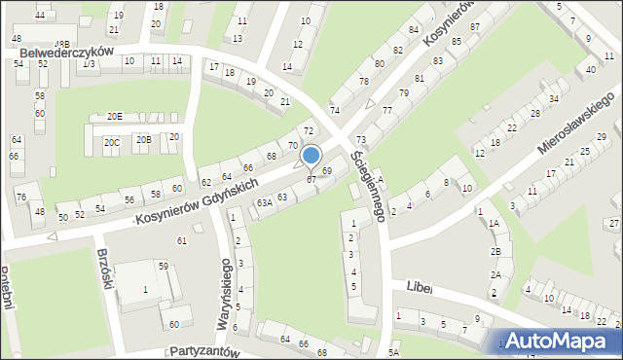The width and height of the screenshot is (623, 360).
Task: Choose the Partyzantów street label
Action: click(x=203, y=350)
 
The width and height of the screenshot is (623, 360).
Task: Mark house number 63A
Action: click(x=264, y=202)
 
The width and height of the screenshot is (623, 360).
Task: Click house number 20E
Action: click(x=115, y=116)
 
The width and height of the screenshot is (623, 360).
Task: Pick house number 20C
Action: click(x=112, y=142)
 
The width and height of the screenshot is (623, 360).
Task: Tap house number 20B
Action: click(x=143, y=139)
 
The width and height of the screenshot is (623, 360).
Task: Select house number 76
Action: click(x=21, y=198)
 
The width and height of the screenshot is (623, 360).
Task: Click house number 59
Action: click(x=164, y=266)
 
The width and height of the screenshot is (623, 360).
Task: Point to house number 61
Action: click(x=181, y=240)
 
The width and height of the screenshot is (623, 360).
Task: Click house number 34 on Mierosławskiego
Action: click(x=553, y=98)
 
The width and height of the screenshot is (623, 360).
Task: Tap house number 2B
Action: click(x=495, y=251)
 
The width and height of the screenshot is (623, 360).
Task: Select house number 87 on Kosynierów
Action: click(x=474, y=26)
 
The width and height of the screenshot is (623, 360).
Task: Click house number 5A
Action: click(x=393, y=352)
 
